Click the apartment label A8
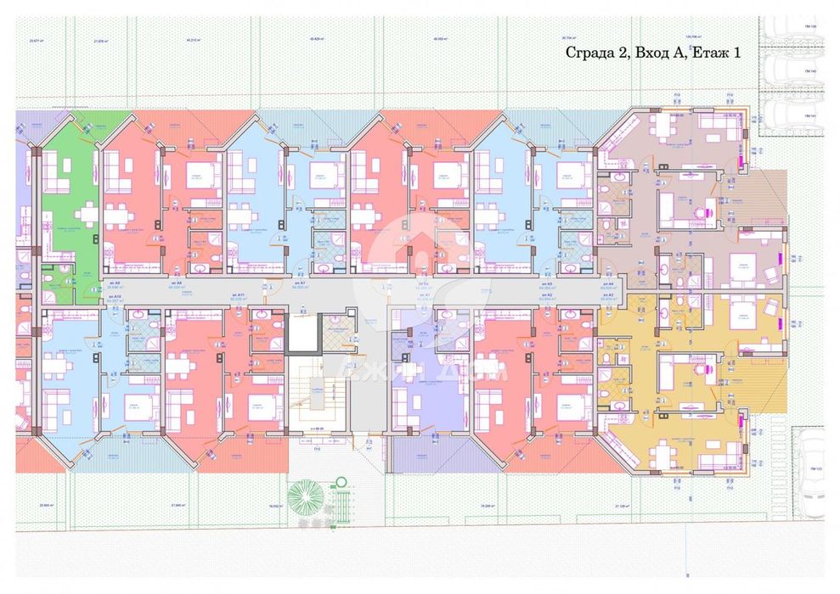coord(178,283)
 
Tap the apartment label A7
coord(300,283)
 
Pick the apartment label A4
coord(607,283)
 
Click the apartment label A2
coord(548,294)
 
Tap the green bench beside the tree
coord(341,500)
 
